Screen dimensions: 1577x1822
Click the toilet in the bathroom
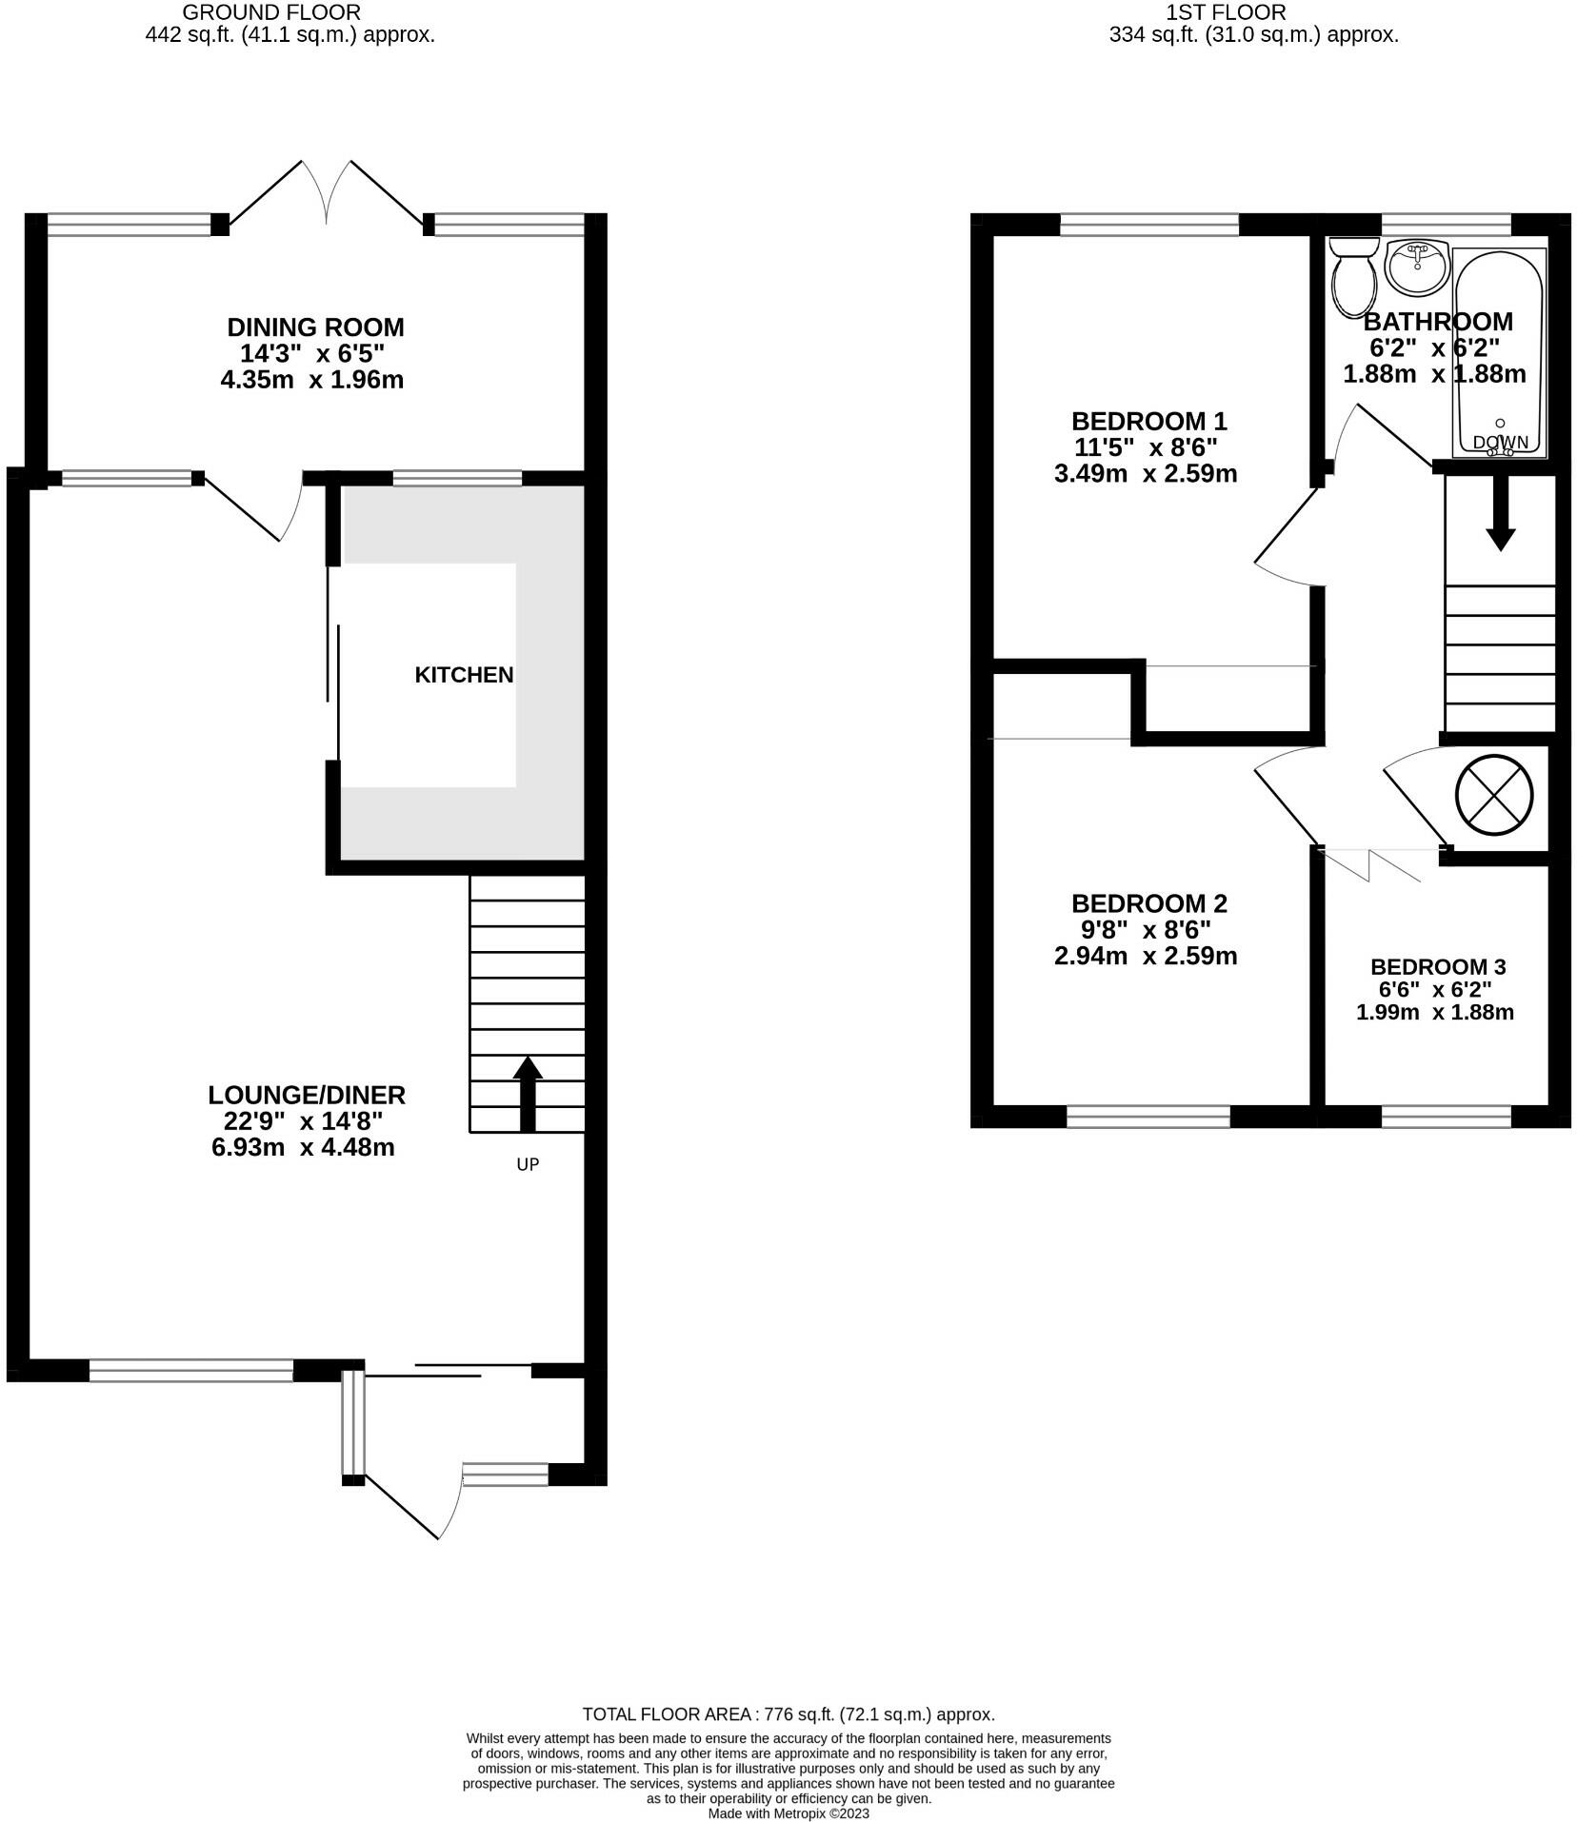click(1353, 277)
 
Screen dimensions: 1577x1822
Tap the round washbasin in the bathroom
click(1418, 267)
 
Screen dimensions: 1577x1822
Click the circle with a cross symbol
click(1494, 794)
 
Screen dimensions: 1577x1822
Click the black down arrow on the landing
click(1501, 512)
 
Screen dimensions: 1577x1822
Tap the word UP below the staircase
click(528, 1164)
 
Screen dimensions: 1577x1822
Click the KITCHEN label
click(464, 675)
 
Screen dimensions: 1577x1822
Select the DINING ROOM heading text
click(315, 327)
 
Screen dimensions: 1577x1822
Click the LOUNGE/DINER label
click(307, 1095)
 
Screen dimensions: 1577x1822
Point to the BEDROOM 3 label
click(1438, 967)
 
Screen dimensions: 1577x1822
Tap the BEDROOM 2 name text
click(1149, 903)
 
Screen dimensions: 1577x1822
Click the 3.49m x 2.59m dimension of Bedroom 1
click(1146, 473)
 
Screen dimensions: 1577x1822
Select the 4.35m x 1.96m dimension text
click(312, 380)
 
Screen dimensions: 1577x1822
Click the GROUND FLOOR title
click(271, 12)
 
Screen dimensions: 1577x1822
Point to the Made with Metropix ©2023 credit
click(788, 1813)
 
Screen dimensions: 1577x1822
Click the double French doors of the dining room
click(327, 192)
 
